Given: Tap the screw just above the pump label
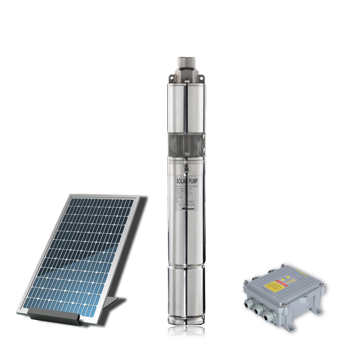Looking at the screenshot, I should [x=186, y=168].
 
